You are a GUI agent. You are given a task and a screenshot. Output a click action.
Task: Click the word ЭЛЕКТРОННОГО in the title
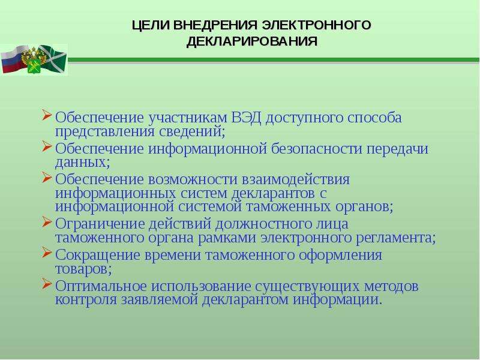pos(317,25)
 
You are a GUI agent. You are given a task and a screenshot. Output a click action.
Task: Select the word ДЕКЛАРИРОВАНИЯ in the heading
pos(252,41)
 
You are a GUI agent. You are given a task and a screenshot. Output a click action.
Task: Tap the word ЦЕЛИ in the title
pos(151,25)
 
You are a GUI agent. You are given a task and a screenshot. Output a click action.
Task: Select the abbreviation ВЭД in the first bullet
pos(246,117)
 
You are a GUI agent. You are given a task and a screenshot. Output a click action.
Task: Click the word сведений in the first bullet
pos(192,131)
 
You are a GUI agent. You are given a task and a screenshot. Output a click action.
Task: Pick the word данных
pos(82,162)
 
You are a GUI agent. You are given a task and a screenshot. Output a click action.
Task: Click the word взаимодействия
pos(295,179)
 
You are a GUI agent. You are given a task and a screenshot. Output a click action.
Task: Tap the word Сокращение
pos(97,254)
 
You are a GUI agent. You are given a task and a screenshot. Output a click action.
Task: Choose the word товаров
pos(83,269)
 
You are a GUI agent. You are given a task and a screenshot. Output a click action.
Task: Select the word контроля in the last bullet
pos(86,299)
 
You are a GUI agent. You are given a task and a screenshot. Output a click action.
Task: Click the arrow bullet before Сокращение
pos(47,252)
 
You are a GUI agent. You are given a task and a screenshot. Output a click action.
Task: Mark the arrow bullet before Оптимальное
pos(47,283)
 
